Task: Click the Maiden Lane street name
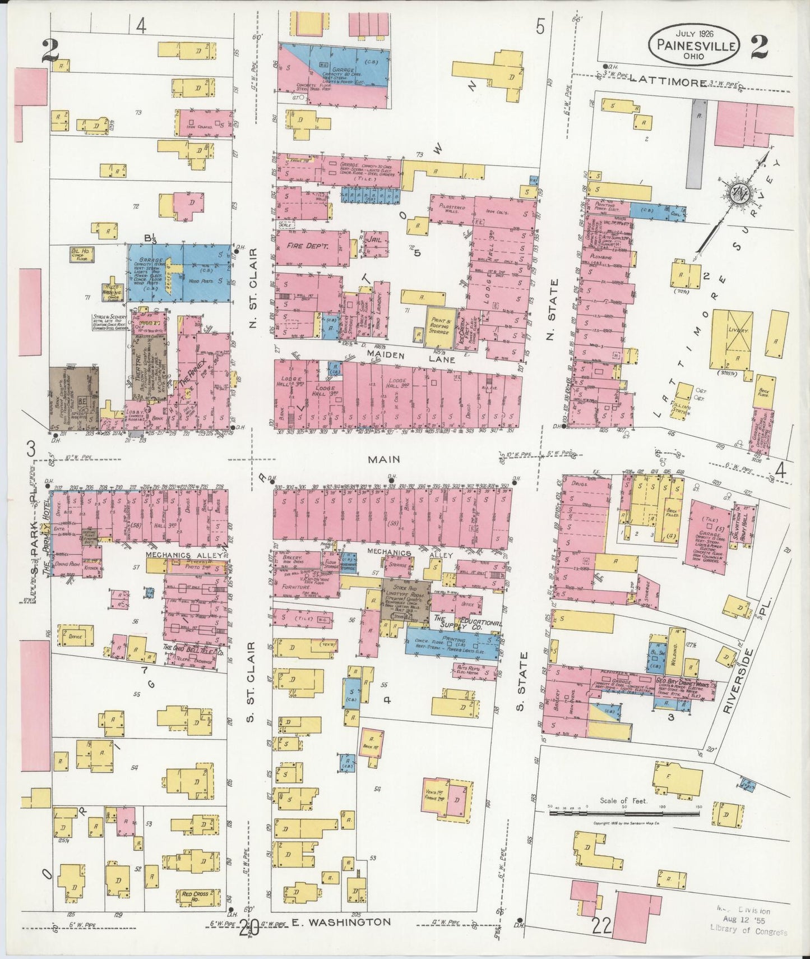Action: pyautogui.click(x=386, y=354)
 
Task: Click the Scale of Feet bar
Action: pyautogui.click(x=624, y=813)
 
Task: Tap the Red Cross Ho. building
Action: pyautogui.click(x=194, y=895)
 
